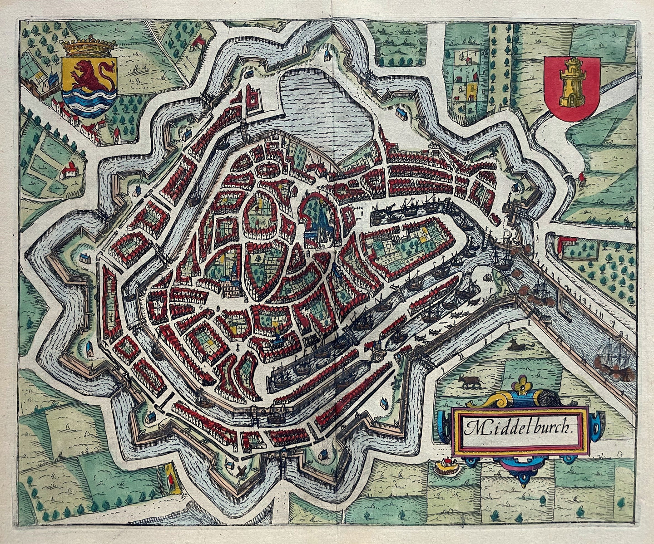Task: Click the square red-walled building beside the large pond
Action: pos(251,97)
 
